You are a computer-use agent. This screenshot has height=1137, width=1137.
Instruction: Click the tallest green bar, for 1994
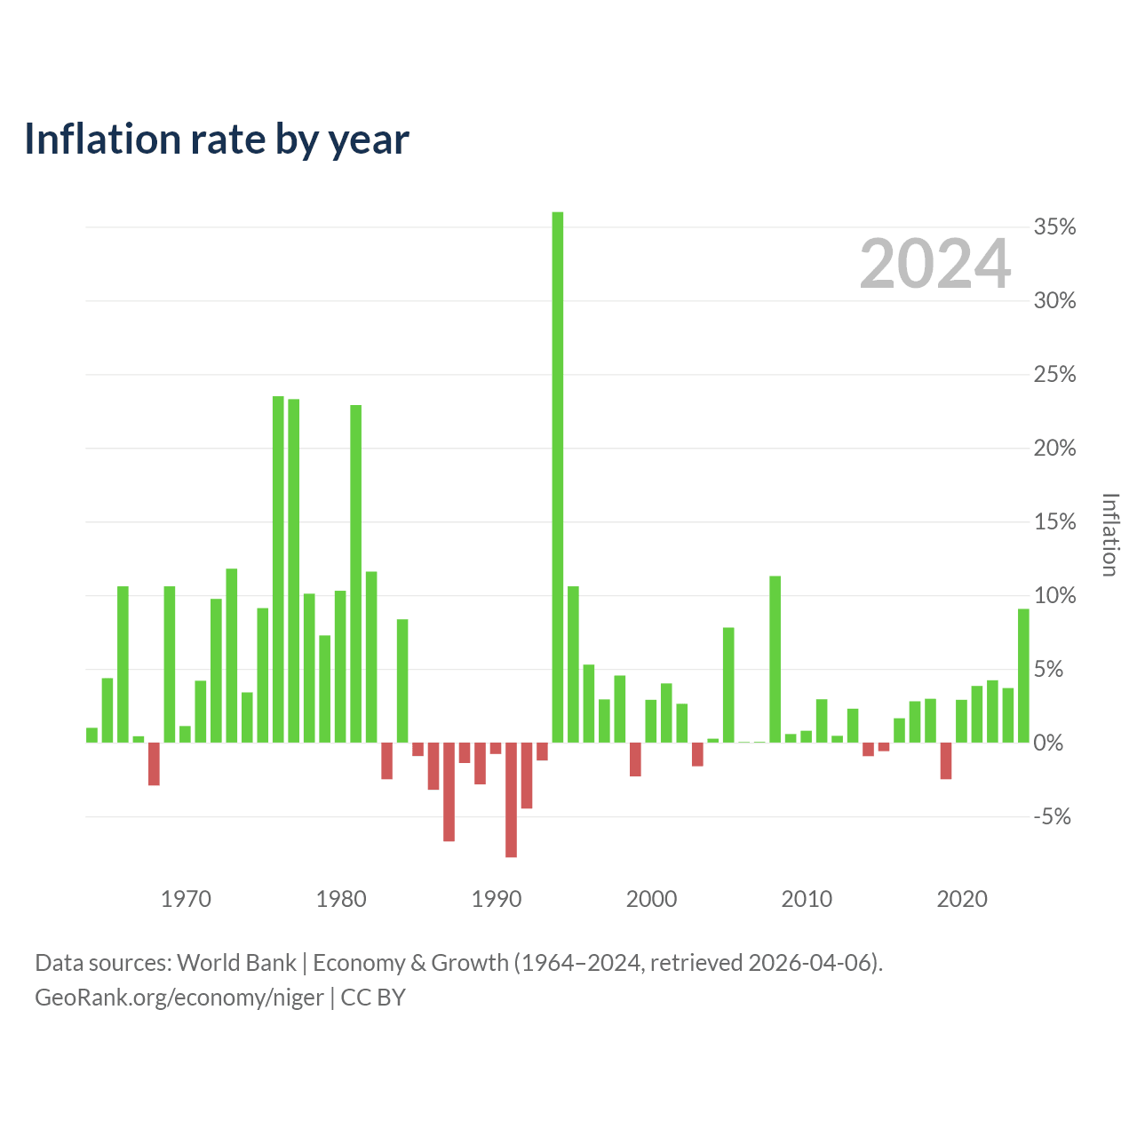[558, 477]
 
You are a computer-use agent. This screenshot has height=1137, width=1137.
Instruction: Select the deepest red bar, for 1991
[511, 799]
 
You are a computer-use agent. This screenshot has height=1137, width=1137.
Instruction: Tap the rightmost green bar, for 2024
[1023, 676]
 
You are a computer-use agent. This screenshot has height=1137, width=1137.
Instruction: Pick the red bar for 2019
[946, 760]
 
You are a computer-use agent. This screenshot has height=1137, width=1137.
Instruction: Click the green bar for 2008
[775, 659]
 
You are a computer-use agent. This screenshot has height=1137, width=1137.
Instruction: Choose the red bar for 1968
[154, 764]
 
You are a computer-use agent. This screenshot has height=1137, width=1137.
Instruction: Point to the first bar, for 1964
[92, 735]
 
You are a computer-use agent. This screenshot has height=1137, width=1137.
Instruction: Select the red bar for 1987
[449, 791]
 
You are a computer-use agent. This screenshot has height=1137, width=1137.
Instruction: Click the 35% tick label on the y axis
[1054, 227]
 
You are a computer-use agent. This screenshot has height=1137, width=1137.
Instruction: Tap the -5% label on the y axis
[1052, 816]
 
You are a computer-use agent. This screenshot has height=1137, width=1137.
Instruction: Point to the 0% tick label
[1048, 743]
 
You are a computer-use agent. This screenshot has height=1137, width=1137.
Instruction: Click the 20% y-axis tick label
[1054, 449]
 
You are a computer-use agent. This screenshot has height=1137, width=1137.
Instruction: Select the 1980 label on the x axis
[341, 899]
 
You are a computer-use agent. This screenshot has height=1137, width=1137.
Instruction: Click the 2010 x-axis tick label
[807, 899]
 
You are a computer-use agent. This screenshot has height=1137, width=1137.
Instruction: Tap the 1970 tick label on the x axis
[186, 899]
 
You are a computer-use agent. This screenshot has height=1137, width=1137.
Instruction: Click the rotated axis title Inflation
[1109, 535]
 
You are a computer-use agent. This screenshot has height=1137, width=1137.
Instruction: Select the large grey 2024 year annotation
[935, 263]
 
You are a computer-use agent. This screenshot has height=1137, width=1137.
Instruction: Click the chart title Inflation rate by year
[217, 139]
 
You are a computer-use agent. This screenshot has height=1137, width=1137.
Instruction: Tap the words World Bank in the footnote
[236, 963]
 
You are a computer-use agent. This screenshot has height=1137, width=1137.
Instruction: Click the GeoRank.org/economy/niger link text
[179, 998]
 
